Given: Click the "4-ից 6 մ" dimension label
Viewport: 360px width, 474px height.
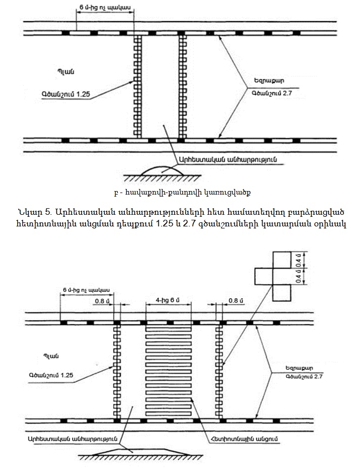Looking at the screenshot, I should pos(166,301).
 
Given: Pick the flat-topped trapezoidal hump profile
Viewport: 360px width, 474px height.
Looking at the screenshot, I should pos(133,449).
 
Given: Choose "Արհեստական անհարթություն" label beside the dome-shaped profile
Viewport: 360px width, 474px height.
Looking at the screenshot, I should pos(228,160).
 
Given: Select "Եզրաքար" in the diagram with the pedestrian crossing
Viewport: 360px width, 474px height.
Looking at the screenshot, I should pos(296,367).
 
